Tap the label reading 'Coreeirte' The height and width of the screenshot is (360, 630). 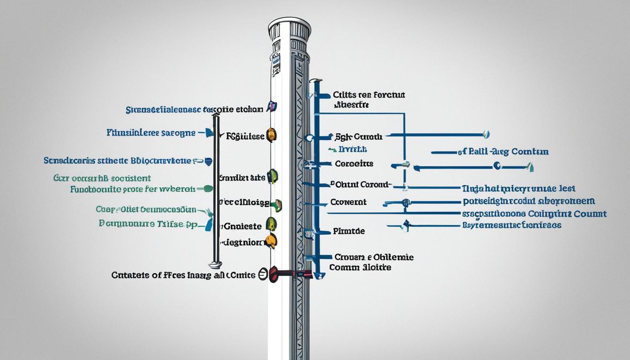pyautogui.click(x=354, y=164)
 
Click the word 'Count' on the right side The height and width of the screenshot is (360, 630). pyautogui.click(x=590, y=214)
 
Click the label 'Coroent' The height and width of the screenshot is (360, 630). pyautogui.click(x=348, y=202)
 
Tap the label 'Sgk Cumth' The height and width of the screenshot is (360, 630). pyautogui.click(x=359, y=137)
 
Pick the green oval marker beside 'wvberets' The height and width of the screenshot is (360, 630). pyautogui.click(x=207, y=189)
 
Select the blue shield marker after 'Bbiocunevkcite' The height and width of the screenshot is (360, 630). pyautogui.click(x=209, y=161)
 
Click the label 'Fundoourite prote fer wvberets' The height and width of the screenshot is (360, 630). pyautogui.click(x=133, y=189)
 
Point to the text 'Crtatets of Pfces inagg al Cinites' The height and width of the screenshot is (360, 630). pyautogui.click(x=183, y=275)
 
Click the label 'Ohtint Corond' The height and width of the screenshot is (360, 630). pyautogui.click(x=360, y=184)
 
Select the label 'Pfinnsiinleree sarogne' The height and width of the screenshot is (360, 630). pyautogui.click(x=150, y=133)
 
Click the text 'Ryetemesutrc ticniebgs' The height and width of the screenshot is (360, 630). pyautogui.click(x=511, y=225)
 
